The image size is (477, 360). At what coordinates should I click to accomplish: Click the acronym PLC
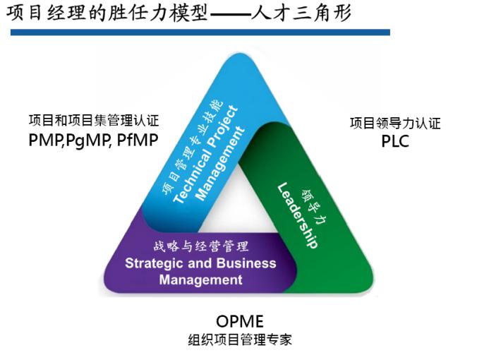pyautogui.click(x=395, y=141)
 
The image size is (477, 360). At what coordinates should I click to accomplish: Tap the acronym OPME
pyautogui.click(x=240, y=321)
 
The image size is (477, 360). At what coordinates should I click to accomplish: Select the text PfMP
pyautogui.click(x=138, y=140)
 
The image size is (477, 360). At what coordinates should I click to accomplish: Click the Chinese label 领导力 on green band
pyautogui.click(x=314, y=207)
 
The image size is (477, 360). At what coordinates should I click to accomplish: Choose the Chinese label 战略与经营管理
pyautogui.click(x=201, y=246)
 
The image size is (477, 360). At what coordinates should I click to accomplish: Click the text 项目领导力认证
pyautogui.click(x=395, y=124)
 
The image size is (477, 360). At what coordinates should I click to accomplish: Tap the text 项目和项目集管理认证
pyautogui.click(x=94, y=120)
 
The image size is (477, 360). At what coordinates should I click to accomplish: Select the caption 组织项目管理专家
pyautogui.click(x=240, y=340)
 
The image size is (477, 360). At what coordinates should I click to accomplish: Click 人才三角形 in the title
pyautogui.click(x=301, y=13)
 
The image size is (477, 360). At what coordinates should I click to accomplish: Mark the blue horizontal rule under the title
pyautogui.click(x=200, y=32)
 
